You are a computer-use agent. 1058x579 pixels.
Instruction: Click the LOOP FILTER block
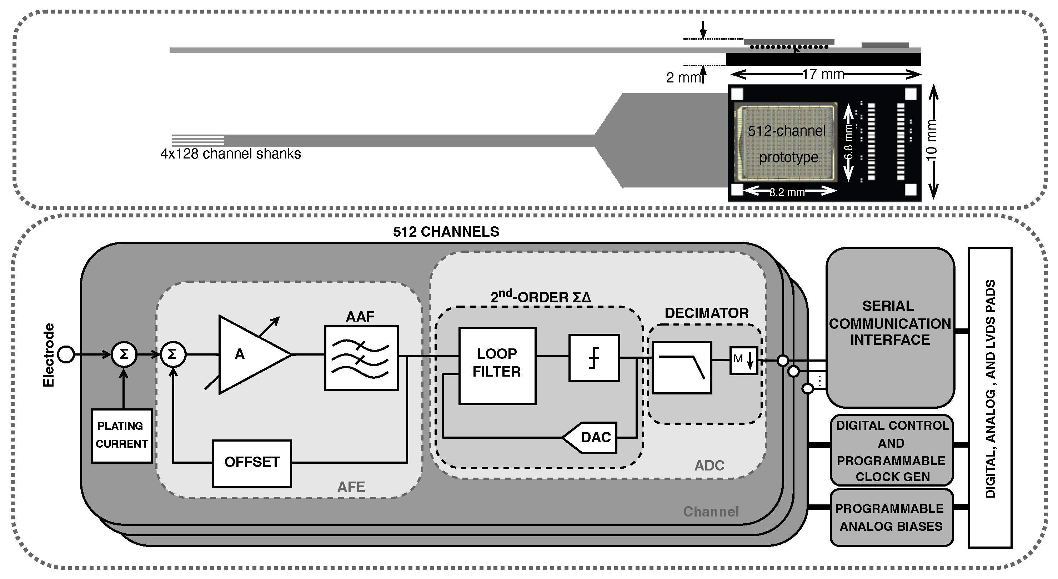(x=497, y=366)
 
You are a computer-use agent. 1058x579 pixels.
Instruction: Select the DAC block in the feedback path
(x=591, y=437)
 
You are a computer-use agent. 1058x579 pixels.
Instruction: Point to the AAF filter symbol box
(x=361, y=358)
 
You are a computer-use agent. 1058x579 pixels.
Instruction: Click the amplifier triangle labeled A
(x=246, y=354)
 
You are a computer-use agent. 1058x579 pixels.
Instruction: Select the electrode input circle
(x=66, y=354)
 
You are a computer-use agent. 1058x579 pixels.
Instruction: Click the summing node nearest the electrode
(x=124, y=354)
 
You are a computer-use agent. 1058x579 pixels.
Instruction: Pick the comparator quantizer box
(x=594, y=358)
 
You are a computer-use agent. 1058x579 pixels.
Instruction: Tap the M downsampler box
(x=743, y=361)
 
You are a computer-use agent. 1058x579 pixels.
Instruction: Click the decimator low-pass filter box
(x=682, y=368)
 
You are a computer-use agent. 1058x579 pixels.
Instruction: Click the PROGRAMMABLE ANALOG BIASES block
(x=891, y=517)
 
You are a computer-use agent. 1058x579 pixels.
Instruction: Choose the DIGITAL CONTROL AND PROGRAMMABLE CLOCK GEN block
(x=891, y=451)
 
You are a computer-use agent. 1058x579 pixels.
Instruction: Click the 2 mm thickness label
(x=682, y=77)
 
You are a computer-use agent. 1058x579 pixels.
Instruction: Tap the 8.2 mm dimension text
(x=787, y=192)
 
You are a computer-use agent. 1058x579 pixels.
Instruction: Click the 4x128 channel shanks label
(x=230, y=154)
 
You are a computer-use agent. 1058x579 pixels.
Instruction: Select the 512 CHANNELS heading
(x=446, y=232)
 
